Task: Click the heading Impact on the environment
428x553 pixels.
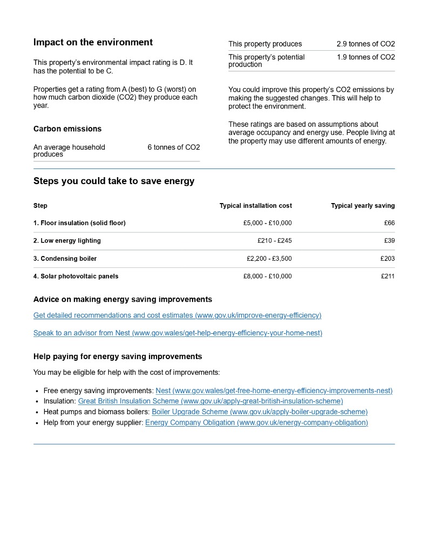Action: pyautogui.click(x=93, y=42)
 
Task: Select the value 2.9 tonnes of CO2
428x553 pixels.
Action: pyautogui.click(x=365, y=44)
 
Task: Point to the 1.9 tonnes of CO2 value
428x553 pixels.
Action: pyautogui.click(x=365, y=57)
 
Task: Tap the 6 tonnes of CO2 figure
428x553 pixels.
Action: pyautogui.click(x=173, y=147)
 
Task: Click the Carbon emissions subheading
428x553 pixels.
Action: pyautogui.click(x=67, y=129)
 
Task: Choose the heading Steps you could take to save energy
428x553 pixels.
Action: pyautogui.click(x=114, y=181)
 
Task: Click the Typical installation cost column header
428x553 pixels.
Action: pyautogui.click(x=255, y=206)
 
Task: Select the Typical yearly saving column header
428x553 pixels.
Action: pyautogui.click(x=363, y=206)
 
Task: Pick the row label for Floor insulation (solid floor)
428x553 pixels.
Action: pyautogui.click(x=79, y=223)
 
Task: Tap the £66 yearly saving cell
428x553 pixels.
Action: pyautogui.click(x=389, y=223)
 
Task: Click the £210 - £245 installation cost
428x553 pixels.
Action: pyautogui.click(x=274, y=241)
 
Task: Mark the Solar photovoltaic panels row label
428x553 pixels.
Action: pyautogui.click(x=76, y=276)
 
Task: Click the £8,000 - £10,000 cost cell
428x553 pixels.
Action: pyautogui.click(x=267, y=276)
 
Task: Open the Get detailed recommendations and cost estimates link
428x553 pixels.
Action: pyautogui.click(x=177, y=315)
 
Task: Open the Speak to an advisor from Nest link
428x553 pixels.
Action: pyautogui.click(x=178, y=333)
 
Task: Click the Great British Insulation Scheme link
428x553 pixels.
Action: pyautogui.click(x=210, y=401)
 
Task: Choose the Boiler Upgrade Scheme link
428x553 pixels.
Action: pyautogui.click(x=260, y=412)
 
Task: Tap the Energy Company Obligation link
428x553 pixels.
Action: pyautogui.click(x=256, y=423)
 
